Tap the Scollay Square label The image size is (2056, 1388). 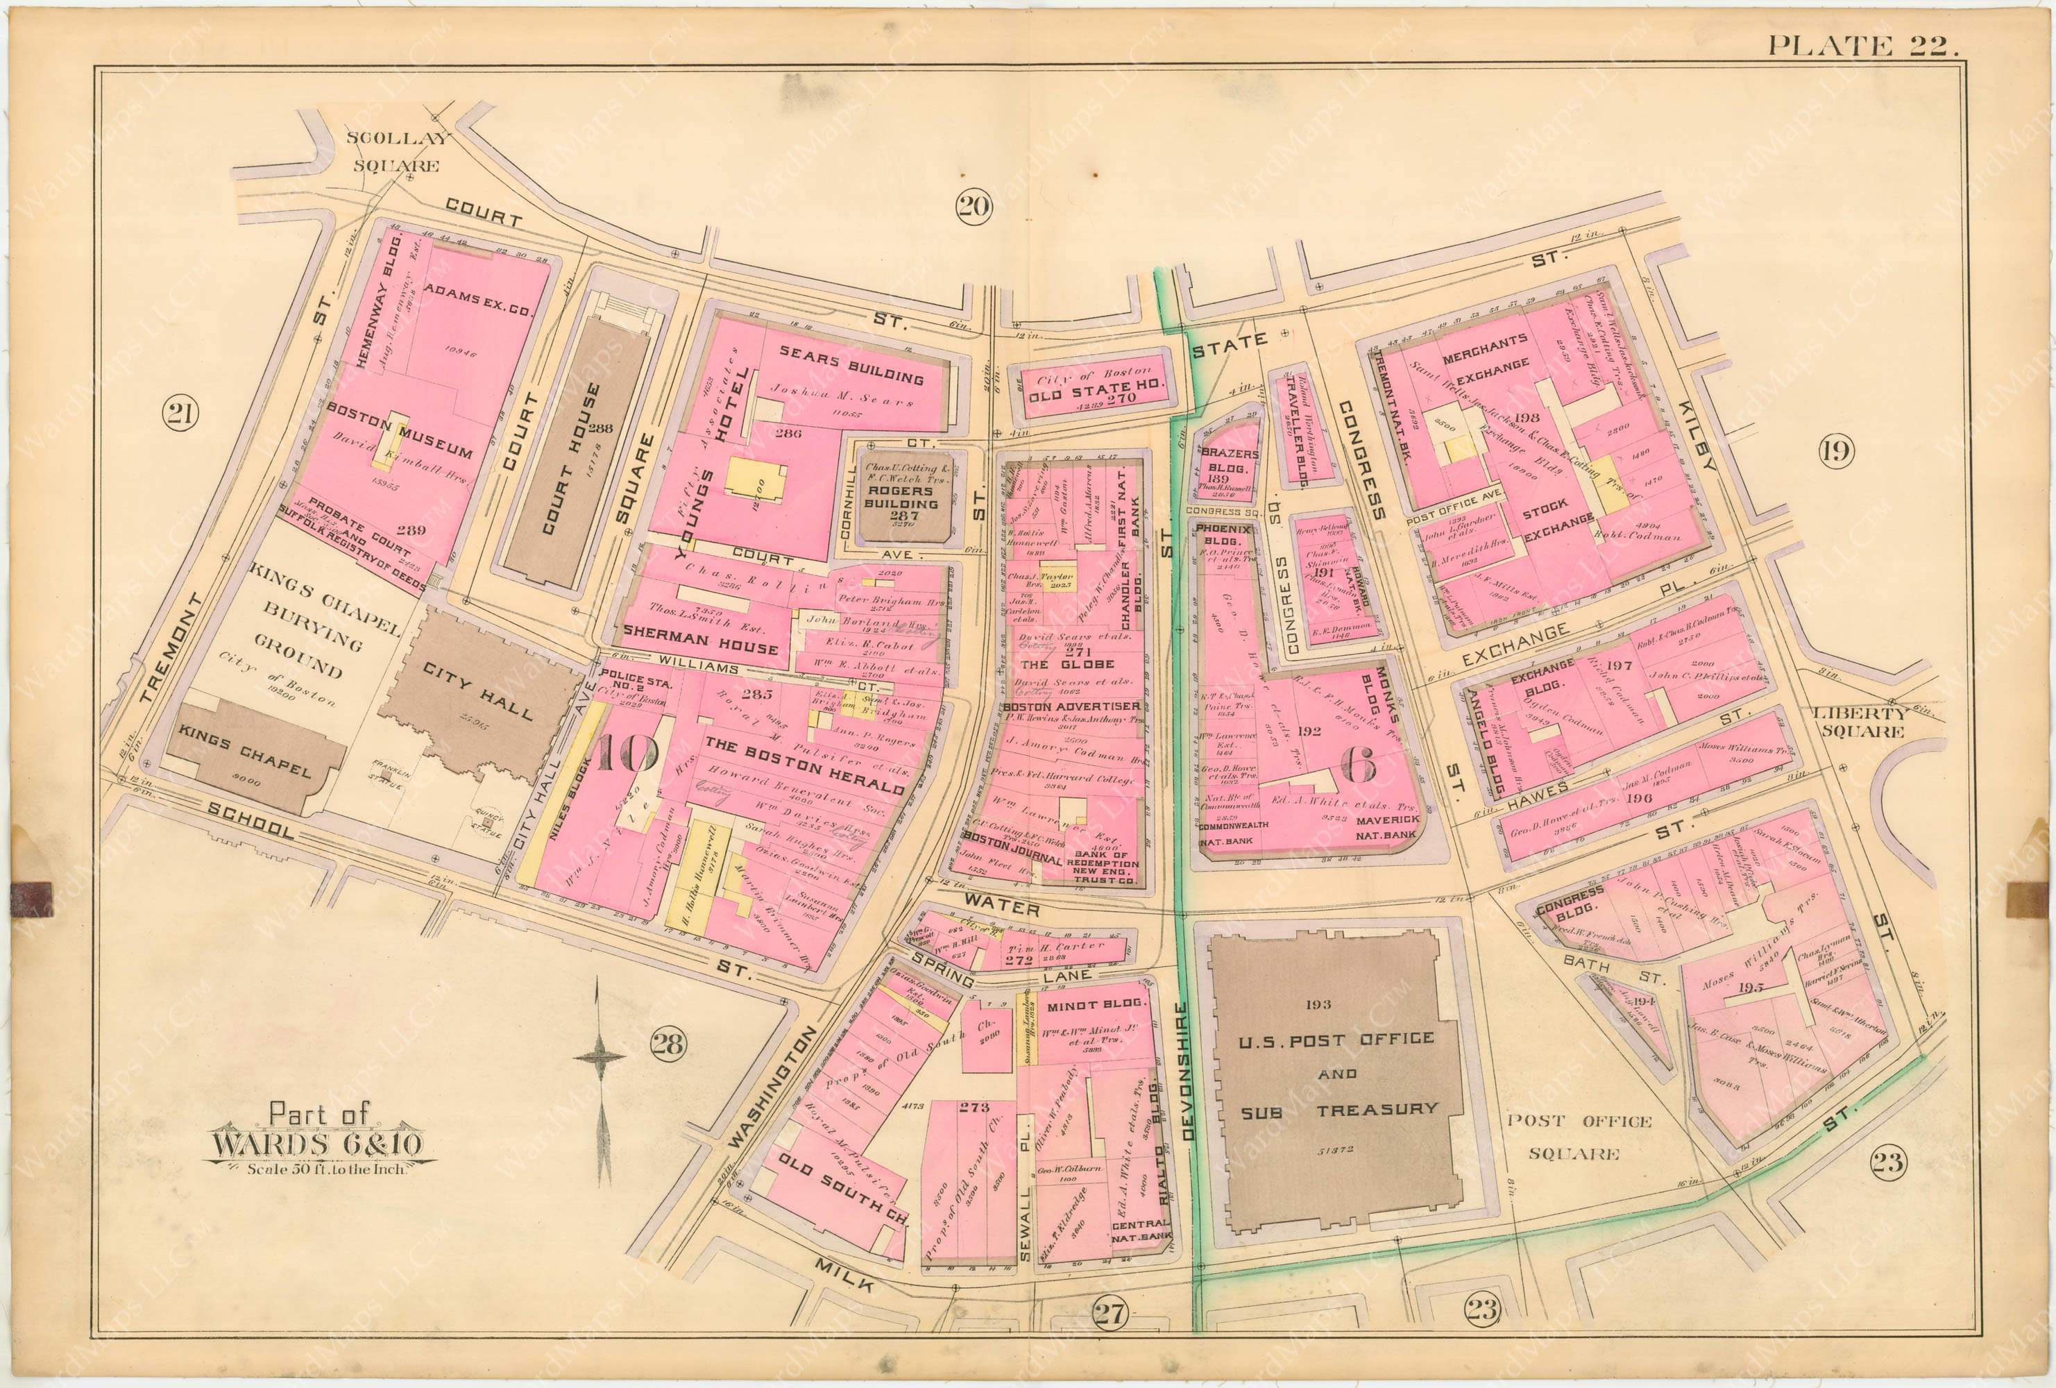tap(392, 151)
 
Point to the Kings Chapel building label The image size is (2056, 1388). tap(245, 758)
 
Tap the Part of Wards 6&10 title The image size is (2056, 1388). tap(316, 1146)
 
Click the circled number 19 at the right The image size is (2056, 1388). tap(1835, 451)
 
